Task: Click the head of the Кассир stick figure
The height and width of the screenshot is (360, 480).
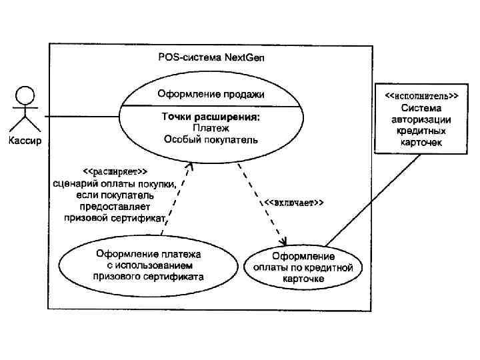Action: tap(24, 94)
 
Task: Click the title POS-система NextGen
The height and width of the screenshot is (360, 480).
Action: tap(211, 57)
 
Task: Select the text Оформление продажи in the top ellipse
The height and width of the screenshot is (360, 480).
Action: tap(211, 94)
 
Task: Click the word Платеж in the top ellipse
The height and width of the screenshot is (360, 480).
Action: tap(211, 128)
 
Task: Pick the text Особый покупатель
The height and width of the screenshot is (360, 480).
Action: tap(211, 139)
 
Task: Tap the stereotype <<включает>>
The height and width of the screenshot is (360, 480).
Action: tap(294, 202)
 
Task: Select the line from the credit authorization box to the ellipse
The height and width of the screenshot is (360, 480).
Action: tap(373, 199)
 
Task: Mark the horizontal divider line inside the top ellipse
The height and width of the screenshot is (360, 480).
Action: tap(211, 106)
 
